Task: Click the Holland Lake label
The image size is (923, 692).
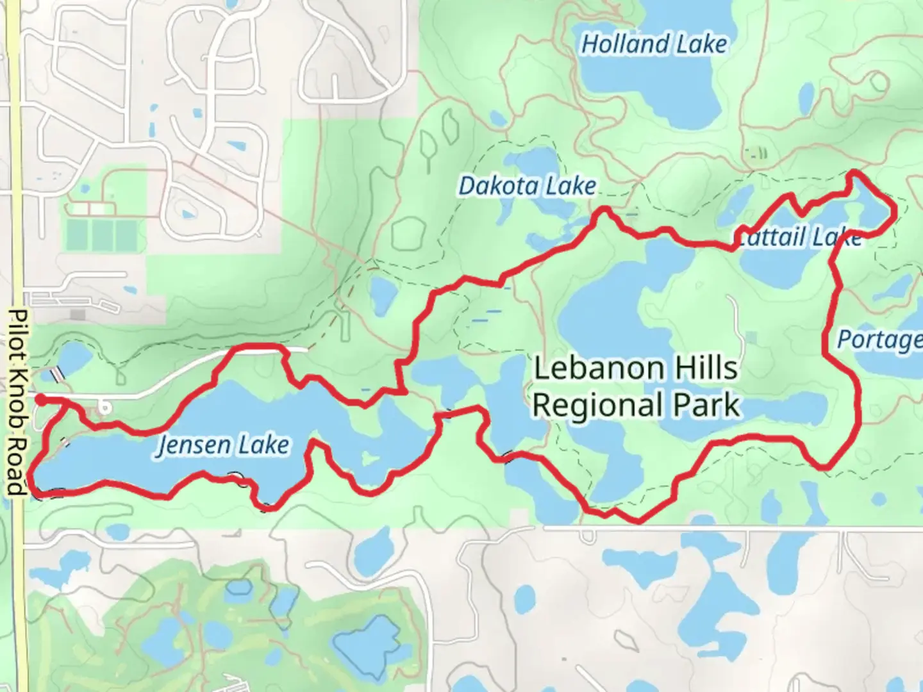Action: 654,44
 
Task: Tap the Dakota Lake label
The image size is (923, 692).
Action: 527,186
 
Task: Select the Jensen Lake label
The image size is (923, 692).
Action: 223,445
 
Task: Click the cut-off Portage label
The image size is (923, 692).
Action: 879,340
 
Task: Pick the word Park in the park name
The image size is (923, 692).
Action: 712,406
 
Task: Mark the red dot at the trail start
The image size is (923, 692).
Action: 40,400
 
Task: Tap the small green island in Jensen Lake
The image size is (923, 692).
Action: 368,458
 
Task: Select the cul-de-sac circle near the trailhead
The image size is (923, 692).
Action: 104,407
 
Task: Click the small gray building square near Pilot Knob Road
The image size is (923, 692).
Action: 79,315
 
